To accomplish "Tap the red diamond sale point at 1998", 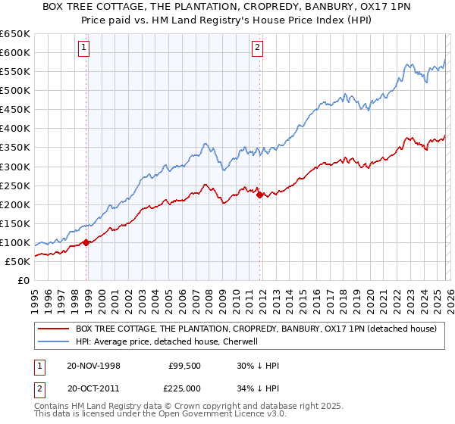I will [86, 242].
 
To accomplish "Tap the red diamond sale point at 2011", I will [259, 195].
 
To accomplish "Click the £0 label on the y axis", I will [24, 280].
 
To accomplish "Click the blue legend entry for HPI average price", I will [168, 342].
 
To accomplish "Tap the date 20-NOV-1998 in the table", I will [94, 366].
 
